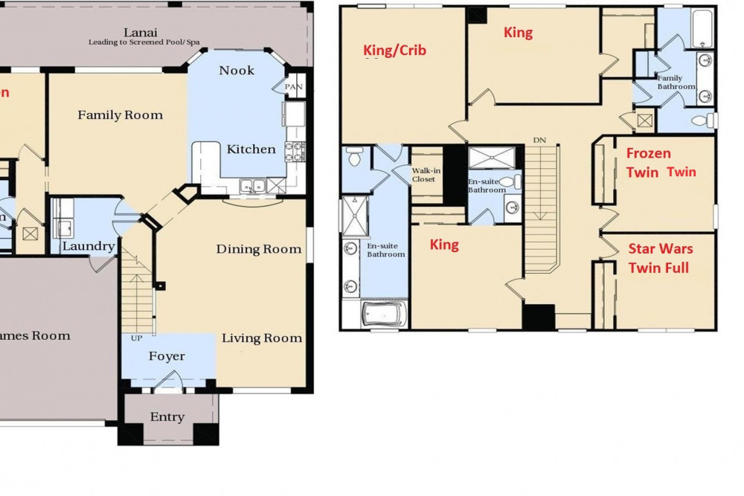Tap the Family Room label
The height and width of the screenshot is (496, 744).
[x=120, y=115]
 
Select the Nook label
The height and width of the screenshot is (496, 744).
[x=237, y=71]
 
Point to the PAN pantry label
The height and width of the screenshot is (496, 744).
[x=295, y=87]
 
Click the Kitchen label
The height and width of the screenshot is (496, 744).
[x=251, y=149]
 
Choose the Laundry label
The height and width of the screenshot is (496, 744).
[x=89, y=247]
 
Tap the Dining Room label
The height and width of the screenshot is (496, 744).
[x=259, y=249]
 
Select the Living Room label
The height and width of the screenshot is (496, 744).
[x=262, y=338]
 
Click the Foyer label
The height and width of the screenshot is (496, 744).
[x=167, y=357]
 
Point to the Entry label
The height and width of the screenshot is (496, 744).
[x=167, y=417]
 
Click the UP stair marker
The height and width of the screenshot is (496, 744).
[x=136, y=338]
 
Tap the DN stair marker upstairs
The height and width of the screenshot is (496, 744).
[x=540, y=139]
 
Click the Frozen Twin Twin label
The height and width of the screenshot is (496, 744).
[x=661, y=163]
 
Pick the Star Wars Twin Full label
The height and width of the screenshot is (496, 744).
[x=658, y=258]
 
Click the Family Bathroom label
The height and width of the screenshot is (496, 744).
[x=676, y=82]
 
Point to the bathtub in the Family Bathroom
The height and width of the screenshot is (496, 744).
[x=702, y=30]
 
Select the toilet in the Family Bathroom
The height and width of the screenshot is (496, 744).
[x=702, y=120]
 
